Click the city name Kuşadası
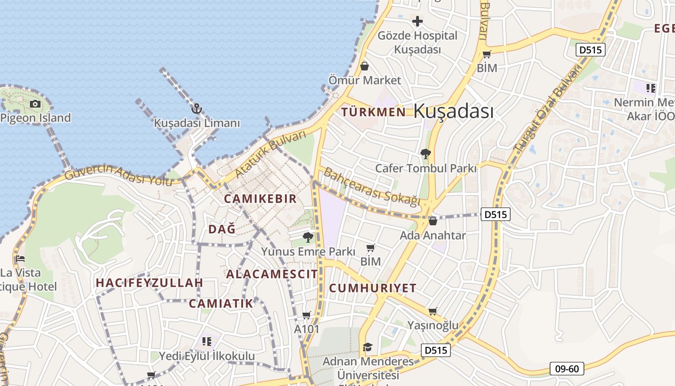point(453,111)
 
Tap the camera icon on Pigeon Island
point(35,104)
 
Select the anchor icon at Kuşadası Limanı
point(196,109)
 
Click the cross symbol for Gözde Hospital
point(418,21)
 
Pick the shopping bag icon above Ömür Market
point(364,66)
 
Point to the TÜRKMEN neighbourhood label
point(374,112)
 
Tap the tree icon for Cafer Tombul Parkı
point(425,154)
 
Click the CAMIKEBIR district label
point(260,199)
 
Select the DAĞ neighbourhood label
point(222,229)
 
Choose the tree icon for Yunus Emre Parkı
point(308,237)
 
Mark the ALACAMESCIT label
point(272,275)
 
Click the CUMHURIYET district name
point(373,289)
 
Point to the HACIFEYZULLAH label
point(149,283)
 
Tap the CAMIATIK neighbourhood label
point(221,303)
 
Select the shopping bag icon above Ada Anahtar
point(432,221)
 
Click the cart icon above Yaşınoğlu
point(432,311)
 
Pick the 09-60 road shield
point(567,369)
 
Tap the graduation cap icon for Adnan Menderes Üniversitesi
point(368,347)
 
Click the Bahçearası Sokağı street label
point(372,187)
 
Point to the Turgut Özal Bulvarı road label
point(548,110)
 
